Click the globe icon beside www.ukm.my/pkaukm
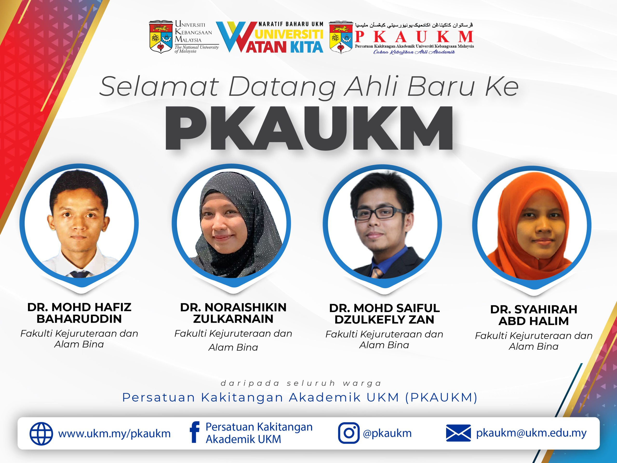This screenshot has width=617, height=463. (x=41, y=433)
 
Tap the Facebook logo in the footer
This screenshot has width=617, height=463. (x=194, y=432)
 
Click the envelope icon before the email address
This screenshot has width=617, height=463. (x=458, y=433)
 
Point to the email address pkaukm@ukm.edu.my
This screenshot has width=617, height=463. (x=531, y=433)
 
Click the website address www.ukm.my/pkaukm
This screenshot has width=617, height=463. (x=114, y=434)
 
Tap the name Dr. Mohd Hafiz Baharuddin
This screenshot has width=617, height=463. (x=79, y=313)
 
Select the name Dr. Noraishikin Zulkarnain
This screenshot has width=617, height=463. (x=233, y=313)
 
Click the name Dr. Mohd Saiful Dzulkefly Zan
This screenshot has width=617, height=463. (x=384, y=314)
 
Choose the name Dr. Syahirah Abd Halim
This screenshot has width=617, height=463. (x=534, y=315)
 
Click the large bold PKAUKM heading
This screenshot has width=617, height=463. (x=309, y=128)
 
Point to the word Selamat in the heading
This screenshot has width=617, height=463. (x=159, y=86)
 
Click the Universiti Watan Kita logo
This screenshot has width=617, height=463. (x=270, y=37)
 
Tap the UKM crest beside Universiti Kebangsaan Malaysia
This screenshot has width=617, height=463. (x=161, y=37)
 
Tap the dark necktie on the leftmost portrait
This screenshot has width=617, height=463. (x=80, y=274)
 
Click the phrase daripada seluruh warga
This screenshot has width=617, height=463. (x=301, y=383)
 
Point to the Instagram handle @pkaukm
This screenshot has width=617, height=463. (x=387, y=433)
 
